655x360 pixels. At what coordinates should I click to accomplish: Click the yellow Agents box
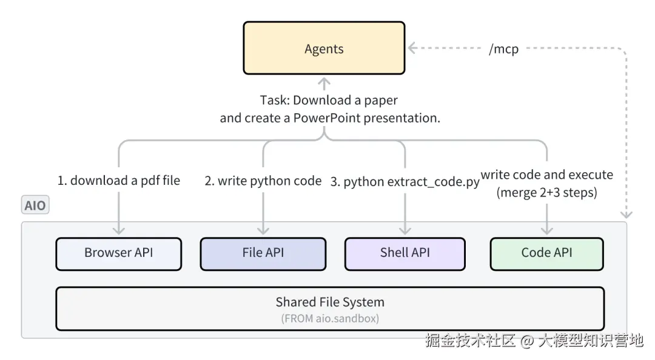coord(324,48)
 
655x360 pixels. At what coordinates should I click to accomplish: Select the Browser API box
coord(119,254)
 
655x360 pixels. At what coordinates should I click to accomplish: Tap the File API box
coord(263,254)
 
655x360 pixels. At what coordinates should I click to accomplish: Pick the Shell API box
coord(405,254)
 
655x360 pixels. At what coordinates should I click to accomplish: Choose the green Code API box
coord(547,254)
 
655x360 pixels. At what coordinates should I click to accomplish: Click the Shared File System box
coord(330,308)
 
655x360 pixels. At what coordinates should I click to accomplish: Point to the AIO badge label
coord(35,205)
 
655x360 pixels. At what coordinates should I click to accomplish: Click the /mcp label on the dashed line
coord(504,49)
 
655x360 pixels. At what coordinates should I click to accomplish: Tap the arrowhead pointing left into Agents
coord(412,48)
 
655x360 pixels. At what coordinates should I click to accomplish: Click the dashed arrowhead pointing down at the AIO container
coord(626,215)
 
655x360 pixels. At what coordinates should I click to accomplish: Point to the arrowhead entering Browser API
coord(119,230)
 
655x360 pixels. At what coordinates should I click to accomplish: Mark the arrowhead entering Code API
coord(547,230)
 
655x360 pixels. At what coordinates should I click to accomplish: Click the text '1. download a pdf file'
coord(119,181)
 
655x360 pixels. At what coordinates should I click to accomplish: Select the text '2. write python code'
coord(263,181)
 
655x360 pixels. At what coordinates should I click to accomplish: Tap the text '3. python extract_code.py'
coord(405,182)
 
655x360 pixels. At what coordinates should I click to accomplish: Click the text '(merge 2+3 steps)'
coord(547,193)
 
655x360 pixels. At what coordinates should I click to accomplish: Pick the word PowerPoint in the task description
coord(327,118)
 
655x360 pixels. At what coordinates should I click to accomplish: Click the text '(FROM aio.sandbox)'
coord(330,319)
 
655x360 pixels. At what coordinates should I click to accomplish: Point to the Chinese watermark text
coord(534,341)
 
